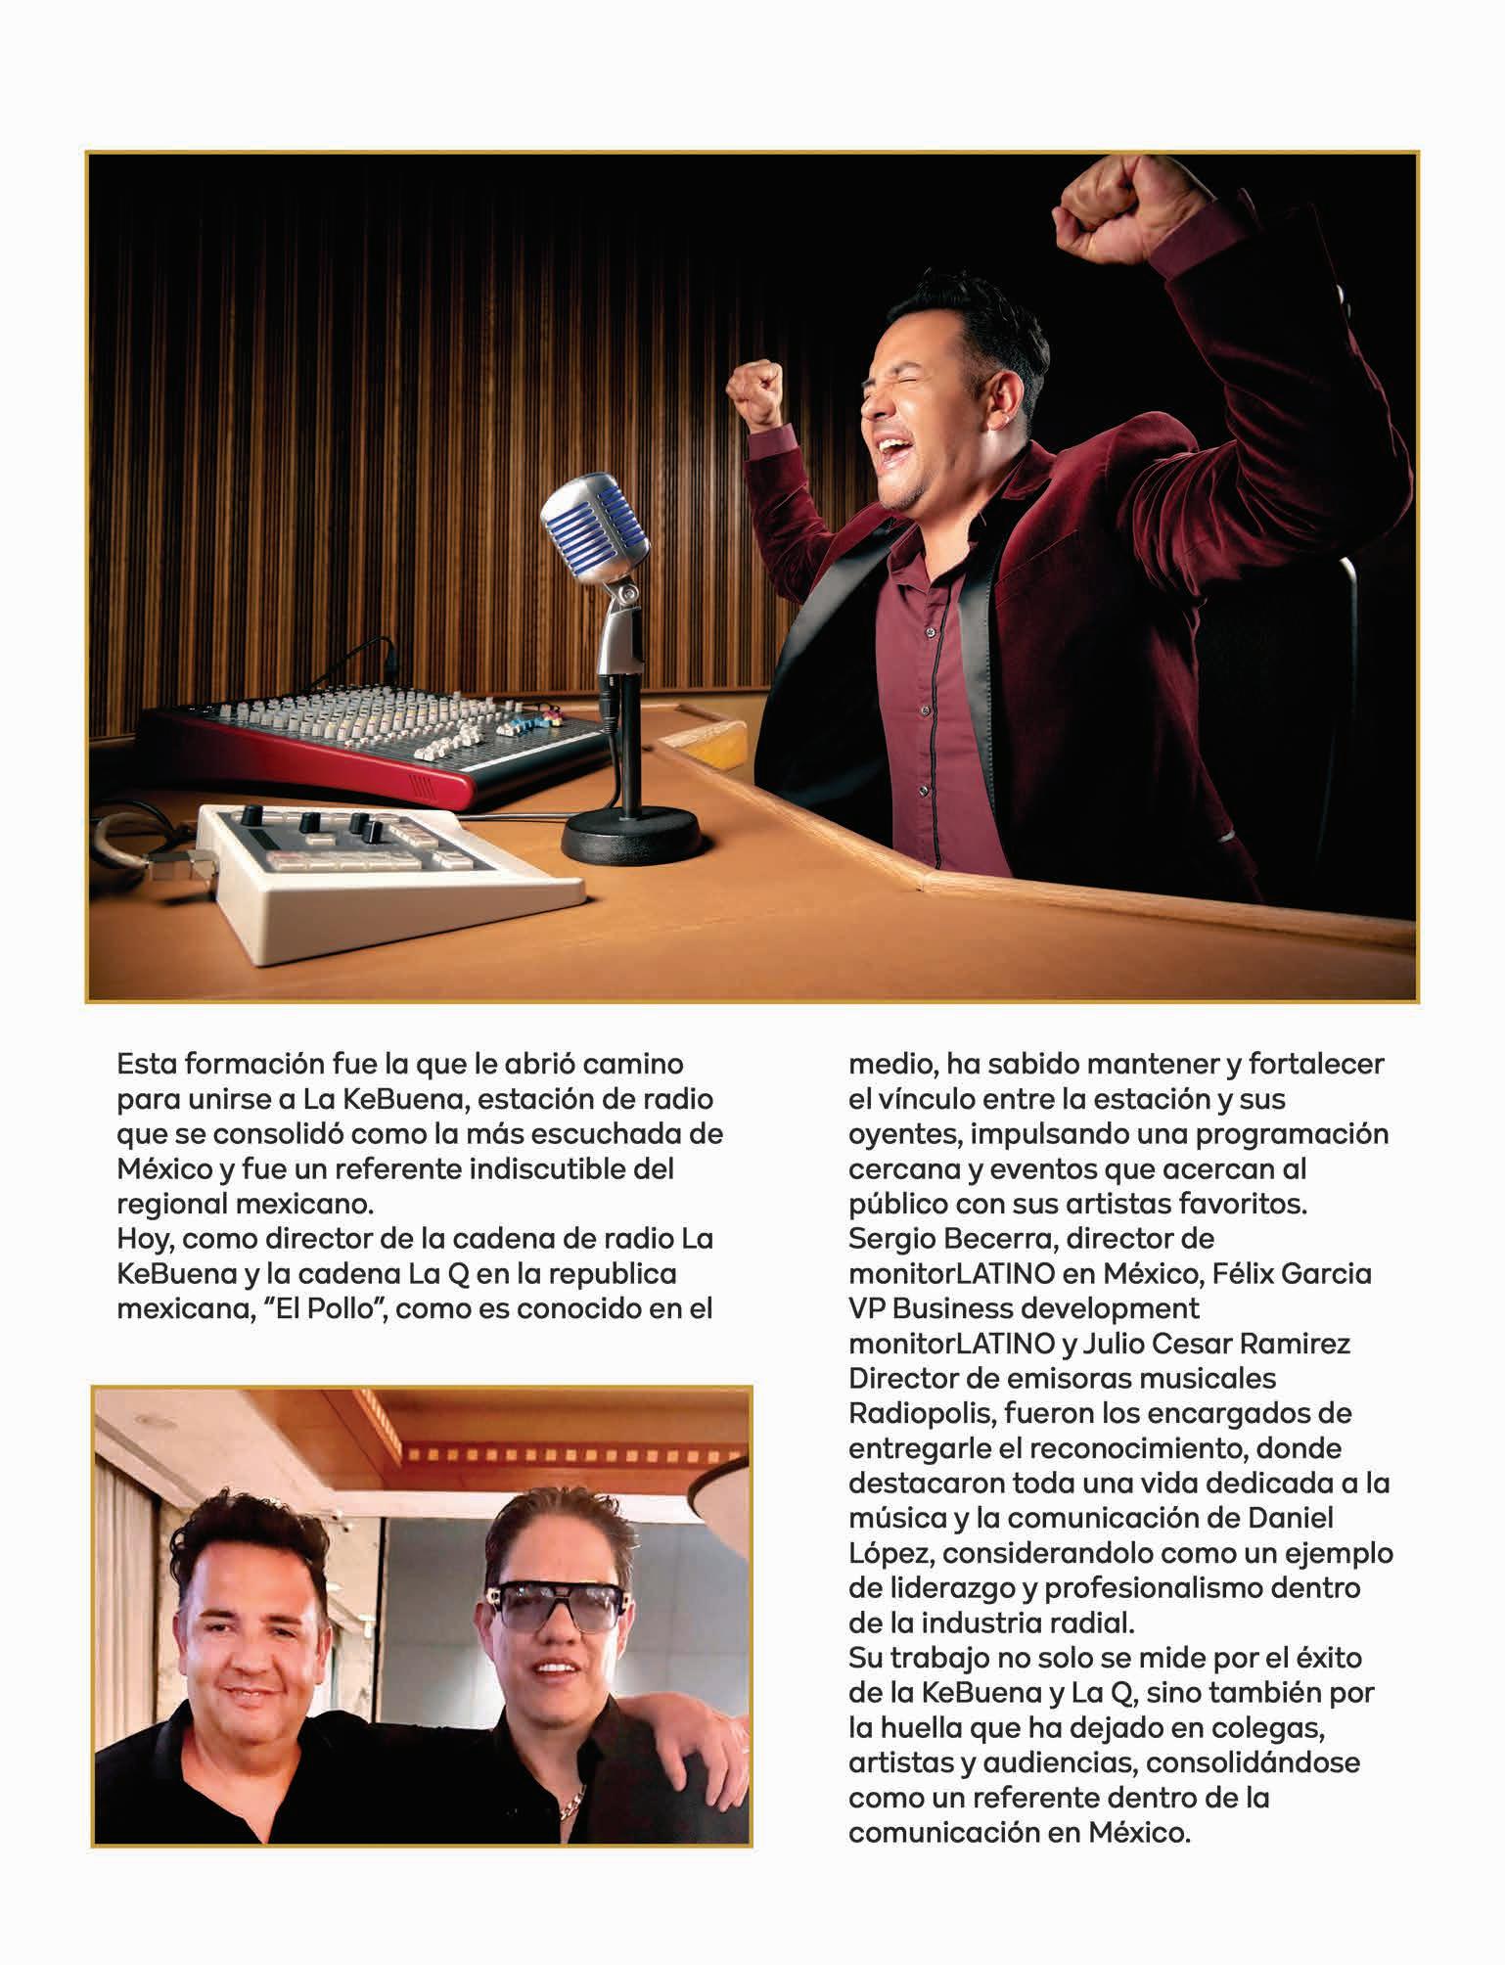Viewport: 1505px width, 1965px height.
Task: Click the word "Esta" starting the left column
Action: (x=149, y=1064)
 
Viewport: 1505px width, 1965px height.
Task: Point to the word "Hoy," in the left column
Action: (x=146, y=1239)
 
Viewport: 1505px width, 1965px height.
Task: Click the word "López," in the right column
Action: (x=892, y=1553)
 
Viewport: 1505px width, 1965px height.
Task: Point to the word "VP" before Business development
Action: (x=866, y=1308)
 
